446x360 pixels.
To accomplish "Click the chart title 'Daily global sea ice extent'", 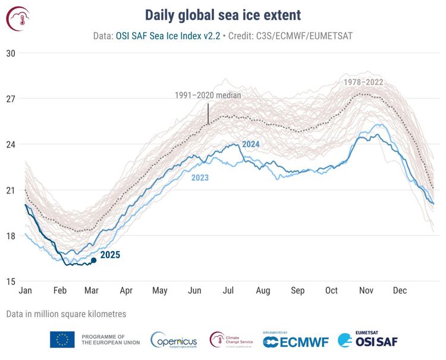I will click(223, 15).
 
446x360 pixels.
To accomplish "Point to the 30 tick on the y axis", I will click(11, 53).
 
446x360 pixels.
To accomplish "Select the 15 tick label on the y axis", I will click(11, 281).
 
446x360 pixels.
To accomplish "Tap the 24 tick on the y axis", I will click(11, 145).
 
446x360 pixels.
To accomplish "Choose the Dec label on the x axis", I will click(400, 291).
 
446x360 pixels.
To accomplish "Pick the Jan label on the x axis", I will click(25, 291).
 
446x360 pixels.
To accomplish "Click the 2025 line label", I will click(110, 255).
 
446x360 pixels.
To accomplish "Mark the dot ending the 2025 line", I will click(93, 260).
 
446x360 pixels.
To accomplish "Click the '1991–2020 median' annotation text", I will click(208, 95).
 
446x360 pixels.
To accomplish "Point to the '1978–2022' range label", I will click(363, 82).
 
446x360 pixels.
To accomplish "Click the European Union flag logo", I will click(62, 340).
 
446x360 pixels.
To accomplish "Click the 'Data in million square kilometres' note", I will click(67, 313).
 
